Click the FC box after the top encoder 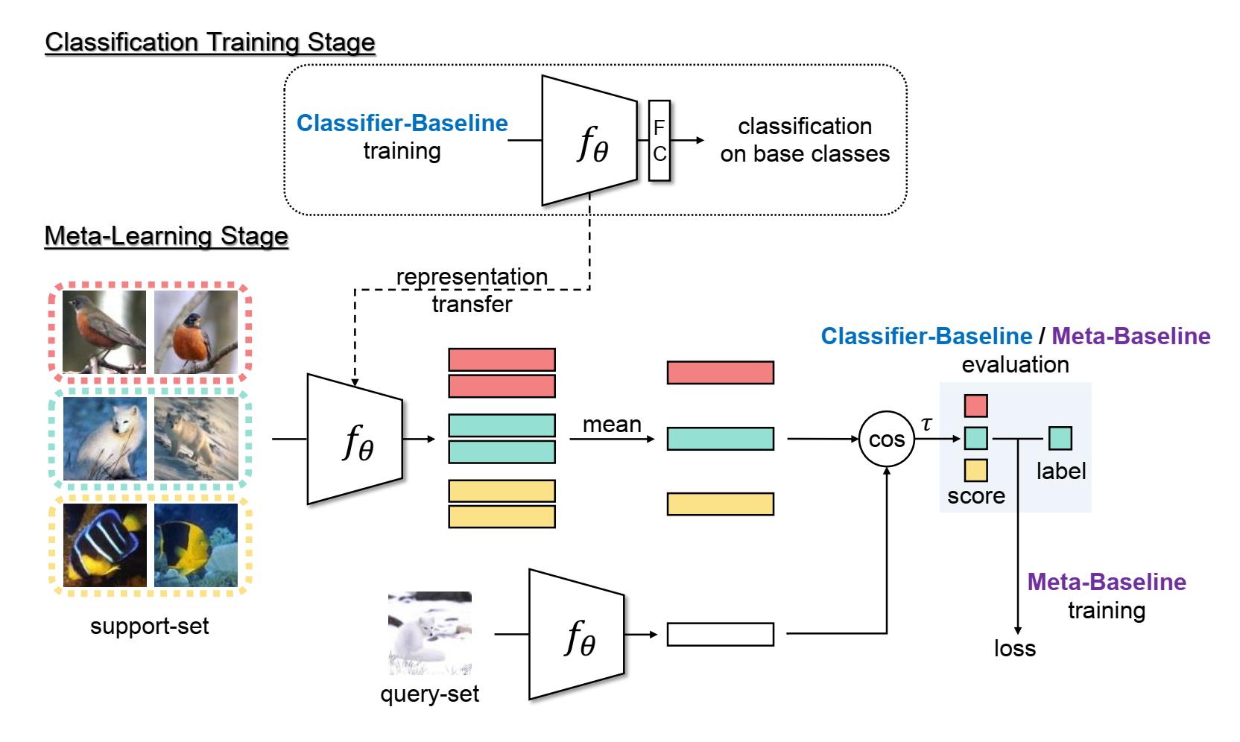coord(659,141)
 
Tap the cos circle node coord(886,440)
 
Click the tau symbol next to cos coord(926,424)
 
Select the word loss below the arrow coord(1014,648)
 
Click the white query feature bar coord(720,634)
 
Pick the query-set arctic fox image coord(430,633)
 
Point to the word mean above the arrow coord(612,424)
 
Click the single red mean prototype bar coord(720,372)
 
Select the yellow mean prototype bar coord(720,504)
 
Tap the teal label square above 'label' coord(1060,438)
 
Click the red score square coord(975,406)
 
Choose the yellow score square coord(975,470)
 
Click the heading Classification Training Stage coord(210,42)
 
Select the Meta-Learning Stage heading coord(166,235)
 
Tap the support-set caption coord(149,626)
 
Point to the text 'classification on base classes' coord(805,140)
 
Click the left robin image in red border coord(104,332)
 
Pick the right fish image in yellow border coord(196,545)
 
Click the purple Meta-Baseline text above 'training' coord(1106,582)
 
